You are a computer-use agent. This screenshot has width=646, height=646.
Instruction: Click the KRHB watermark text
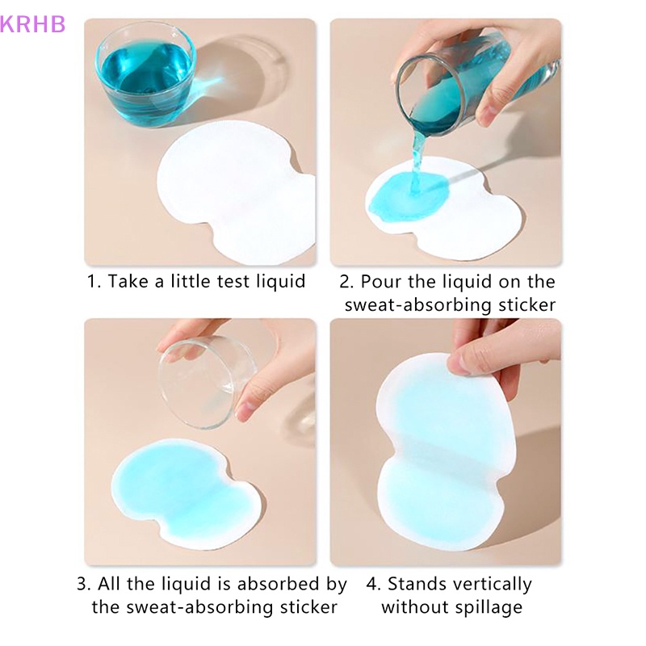(x=33, y=23)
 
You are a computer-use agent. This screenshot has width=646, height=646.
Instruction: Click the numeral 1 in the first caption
(x=93, y=281)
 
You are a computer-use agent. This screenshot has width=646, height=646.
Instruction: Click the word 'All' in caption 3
(x=113, y=584)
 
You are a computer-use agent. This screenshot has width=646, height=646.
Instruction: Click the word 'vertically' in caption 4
(x=492, y=584)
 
